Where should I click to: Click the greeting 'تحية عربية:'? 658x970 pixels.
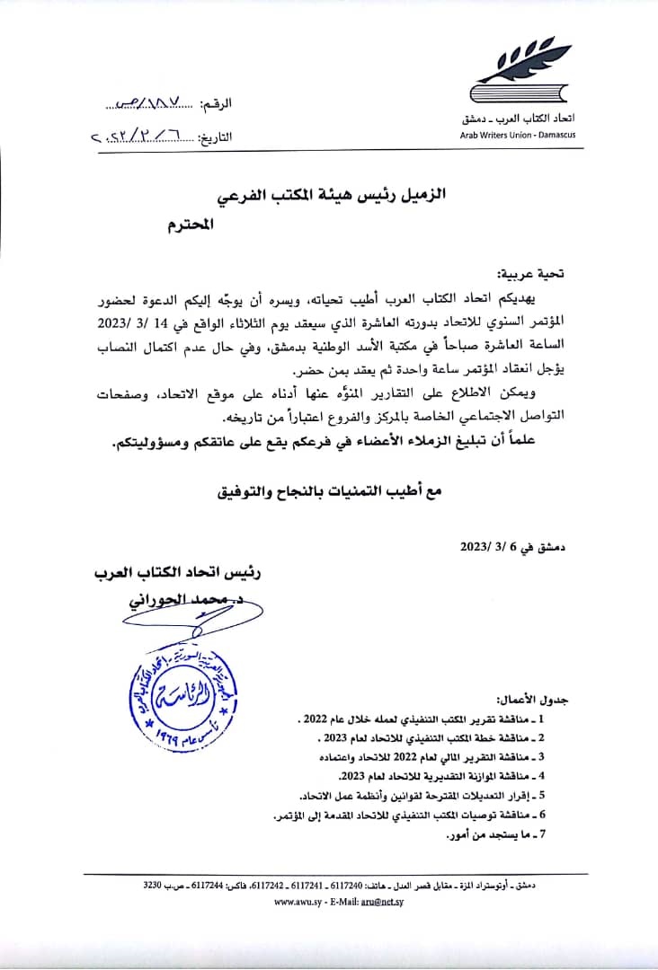point(531,271)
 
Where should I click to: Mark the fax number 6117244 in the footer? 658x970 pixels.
point(207,886)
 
